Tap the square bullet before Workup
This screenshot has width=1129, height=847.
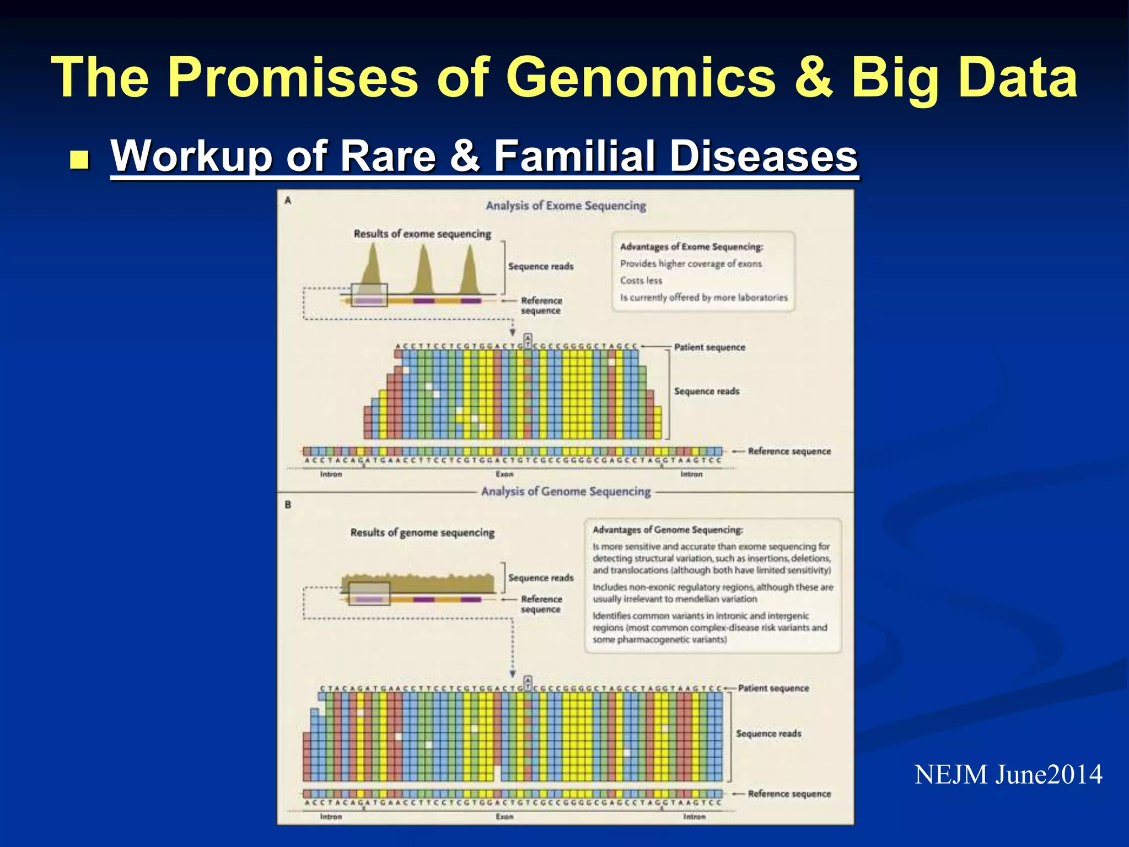point(80,160)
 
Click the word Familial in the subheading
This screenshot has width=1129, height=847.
point(574,156)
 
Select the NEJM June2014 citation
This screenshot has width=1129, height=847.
point(1008,775)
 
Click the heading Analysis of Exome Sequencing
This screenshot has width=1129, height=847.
point(566,206)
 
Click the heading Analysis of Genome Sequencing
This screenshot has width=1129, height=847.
point(566,491)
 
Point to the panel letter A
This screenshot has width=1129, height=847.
point(288,201)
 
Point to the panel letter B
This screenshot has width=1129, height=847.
point(288,505)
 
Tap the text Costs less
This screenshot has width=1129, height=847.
point(641,281)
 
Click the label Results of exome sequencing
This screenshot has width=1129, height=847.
point(422,234)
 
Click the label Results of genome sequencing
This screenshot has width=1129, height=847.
point(422,533)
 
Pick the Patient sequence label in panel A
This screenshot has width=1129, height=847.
point(709,347)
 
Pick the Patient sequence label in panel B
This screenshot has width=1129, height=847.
point(773,688)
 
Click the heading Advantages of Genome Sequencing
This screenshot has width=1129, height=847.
point(668,530)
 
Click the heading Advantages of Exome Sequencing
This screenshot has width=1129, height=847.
point(691,247)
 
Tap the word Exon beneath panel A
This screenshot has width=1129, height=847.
point(504,474)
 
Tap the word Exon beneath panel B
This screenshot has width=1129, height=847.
point(504,817)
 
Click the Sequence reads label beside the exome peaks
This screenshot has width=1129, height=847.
point(541,266)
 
